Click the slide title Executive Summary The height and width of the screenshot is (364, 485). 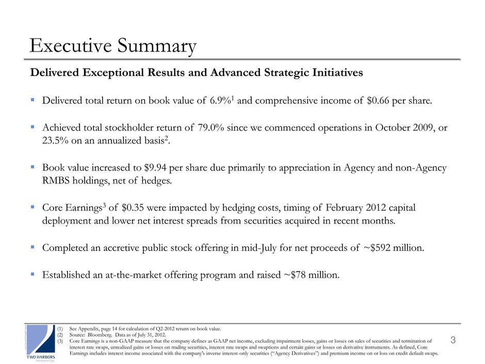(113, 46)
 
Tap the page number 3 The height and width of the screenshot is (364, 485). (452, 340)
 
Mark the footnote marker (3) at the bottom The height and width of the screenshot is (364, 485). (60, 341)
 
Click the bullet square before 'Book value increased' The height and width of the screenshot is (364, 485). (33, 169)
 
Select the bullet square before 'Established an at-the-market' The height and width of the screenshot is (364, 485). (33, 274)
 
